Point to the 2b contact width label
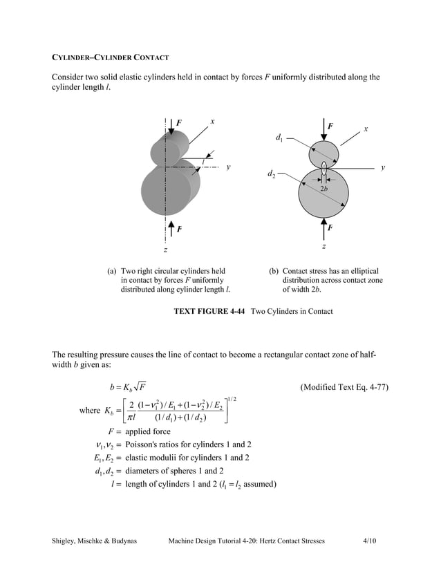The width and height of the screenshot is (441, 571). pyautogui.click(x=323, y=189)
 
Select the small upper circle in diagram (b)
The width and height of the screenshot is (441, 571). pyautogui.click(x=324, y=153)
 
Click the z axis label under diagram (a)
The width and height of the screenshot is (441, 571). pyautogui.click(x=165, y=249)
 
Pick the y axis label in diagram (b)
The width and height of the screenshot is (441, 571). pyautogui.click(x=382, y=167)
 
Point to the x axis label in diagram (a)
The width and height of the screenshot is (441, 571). pyautogui.click(x=212, y=121)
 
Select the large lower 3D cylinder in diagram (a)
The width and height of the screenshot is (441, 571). pyautogui.click(x=168, y=191)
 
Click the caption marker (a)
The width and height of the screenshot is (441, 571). pyautogui.click(x=111, y=271)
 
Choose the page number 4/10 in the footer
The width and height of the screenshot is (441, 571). pyautogui.click(x=370, y=540)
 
